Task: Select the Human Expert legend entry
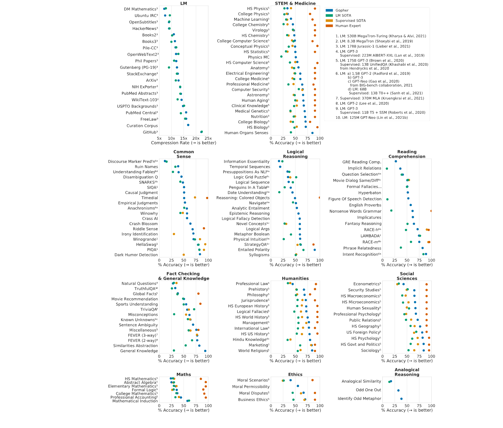343,26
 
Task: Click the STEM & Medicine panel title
295,3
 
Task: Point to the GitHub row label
150,132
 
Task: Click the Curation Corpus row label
142,126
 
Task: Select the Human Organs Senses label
246,133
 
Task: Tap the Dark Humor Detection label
136,255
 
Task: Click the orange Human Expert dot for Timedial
207,198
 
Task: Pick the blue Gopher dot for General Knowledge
205,351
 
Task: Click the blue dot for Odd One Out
398,390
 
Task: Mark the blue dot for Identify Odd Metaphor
401,399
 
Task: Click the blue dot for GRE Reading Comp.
396,162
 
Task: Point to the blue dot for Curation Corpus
188,125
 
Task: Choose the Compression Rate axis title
184,143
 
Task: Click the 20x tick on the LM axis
196,138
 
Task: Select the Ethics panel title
295,375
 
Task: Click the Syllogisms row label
259,255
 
